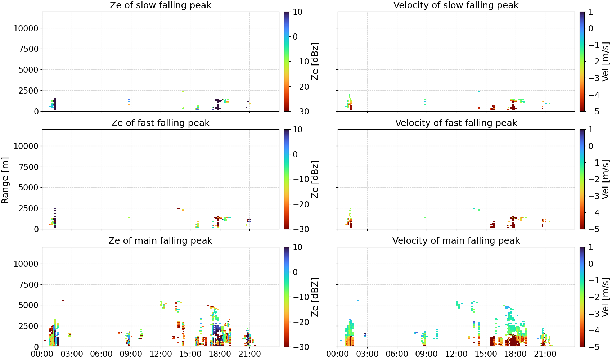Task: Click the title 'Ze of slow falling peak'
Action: pos(160,5)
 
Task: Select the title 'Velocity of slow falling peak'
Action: pos(456,5)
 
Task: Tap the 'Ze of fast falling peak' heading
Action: pos(160,123)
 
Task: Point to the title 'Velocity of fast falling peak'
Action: pos(456,123)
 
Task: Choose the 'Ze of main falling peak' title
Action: pos(160,240)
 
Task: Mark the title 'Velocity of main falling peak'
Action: pos(456,240)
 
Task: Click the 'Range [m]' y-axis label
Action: pos(5,180)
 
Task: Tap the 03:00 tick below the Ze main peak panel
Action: pos(72,354)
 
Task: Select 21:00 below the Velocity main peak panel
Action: pos(545,354)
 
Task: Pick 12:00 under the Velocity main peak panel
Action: pos(456,354)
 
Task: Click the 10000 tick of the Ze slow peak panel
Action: pos(26,28)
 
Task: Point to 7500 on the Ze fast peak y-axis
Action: pos(28,167)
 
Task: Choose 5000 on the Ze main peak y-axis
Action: pos(28,305)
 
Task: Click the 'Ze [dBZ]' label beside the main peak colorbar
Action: pos(315,297)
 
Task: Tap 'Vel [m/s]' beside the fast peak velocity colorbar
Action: pos(606,179)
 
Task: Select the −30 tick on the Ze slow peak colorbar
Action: pos(301,112)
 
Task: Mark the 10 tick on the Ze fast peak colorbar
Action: pos(297,130)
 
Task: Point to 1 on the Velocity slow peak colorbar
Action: pos(591,12)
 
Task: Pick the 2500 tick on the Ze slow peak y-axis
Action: pos(28,90)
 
